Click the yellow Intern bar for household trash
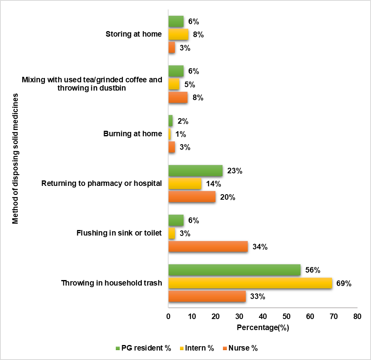pos(250,283)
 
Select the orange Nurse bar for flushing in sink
pos(208,247)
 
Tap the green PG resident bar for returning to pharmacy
pos(195,171)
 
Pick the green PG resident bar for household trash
pos(234,270)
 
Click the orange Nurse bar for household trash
pos(207,297)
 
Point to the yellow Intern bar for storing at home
pos(178,35)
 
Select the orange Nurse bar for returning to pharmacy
pos(192,197)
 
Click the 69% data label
pos(343,284)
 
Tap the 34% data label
pos(260,247)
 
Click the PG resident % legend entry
pos(144,348)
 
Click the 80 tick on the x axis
pos(357,316)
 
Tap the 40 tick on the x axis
pos(263,316)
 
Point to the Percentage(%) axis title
pos(263,327)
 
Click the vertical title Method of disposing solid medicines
pos(15,159)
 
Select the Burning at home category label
pos(133,134)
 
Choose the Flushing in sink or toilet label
pos(119,233)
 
